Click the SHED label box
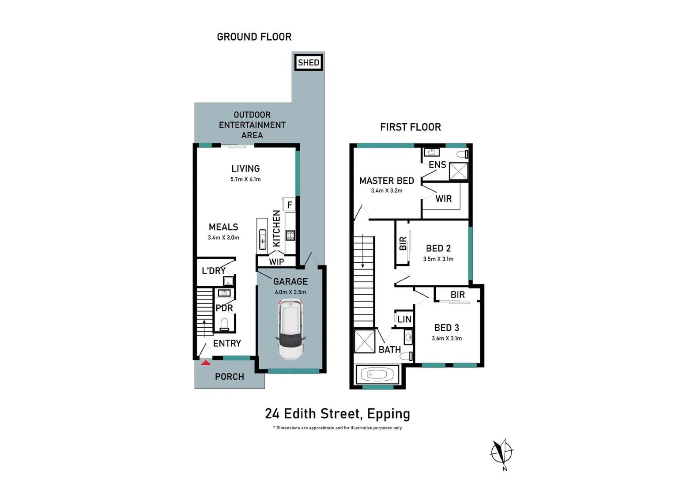pyautogui.click(x=309, y=62)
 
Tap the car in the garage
pyautogui.click(x=290, y=329)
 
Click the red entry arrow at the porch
pyautogui.click(x=206, y=363)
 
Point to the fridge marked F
pyautogui.click(x=289, y=205)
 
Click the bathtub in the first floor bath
pyautogui.click(x=377, y=375)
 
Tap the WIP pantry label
pyautogui.click(x=276, y=262)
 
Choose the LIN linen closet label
pyautogui.click(x=404, y=319)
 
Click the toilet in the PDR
pyautogui.click(x=224, y=325)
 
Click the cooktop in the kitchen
pyautogui.click(x=290, y=235)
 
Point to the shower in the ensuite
pyautogui.click(x=458, y=171)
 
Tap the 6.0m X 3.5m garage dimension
pyautogui.click(x=290, y=292)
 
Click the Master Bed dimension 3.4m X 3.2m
pyautogui.click(x=387, y=190)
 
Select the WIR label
pyautogui.click(x=444, y=199)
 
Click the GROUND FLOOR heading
pyautogui.click(x=254, y=37)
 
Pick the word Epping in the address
pyautogui.click(x=389, y=414)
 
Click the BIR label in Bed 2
pyautogui.click(x=403, y=243)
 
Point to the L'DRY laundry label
pyautogui.click(x=214, y=271)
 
